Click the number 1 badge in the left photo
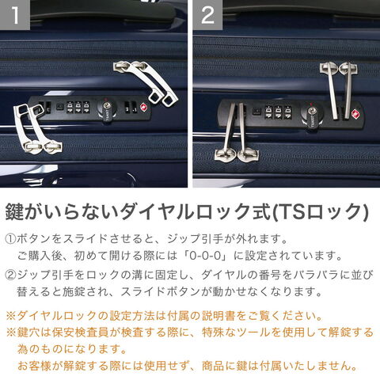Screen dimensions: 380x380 15,15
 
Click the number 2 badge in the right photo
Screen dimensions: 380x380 207,15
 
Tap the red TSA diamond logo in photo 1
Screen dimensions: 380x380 144,108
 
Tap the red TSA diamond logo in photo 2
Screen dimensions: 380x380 356,114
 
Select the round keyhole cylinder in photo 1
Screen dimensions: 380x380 107,108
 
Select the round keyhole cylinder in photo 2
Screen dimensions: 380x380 311,115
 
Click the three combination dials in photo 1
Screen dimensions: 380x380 78,108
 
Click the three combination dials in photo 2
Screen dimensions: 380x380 278,113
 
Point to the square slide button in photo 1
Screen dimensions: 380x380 59,107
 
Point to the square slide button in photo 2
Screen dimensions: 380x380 256,112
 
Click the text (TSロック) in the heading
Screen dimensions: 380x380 320,211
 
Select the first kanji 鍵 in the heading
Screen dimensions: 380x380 14,211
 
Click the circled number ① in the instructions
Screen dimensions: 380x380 10,239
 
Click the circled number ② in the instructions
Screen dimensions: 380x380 10,275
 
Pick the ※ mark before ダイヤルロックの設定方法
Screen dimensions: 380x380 11,316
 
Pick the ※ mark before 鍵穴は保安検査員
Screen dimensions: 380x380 11,332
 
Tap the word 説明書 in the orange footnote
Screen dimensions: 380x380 218,316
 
